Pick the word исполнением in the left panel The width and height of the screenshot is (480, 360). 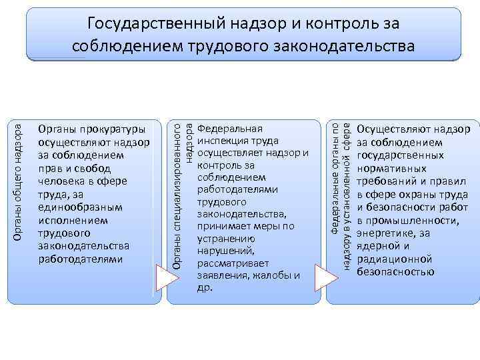[x=69, y=219]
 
